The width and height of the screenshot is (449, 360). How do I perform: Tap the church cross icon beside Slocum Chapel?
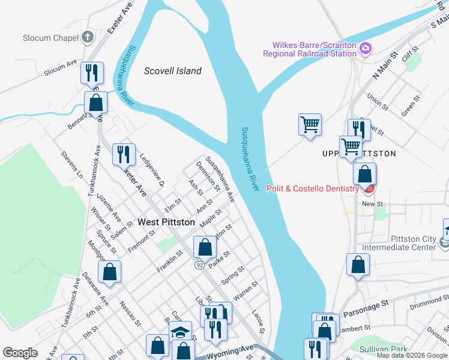tap(87, 37)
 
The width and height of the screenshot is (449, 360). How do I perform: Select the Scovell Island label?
tap(173, 71)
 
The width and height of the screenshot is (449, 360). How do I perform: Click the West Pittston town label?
tap(166, 222)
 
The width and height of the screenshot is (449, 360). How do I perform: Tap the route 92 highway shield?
tap(199, 264)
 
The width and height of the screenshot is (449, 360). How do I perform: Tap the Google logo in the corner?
tap(20, 353)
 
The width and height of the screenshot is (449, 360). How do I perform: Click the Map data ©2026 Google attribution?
tap(412, 355)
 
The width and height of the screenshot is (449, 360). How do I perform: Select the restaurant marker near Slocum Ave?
tap(92, 73)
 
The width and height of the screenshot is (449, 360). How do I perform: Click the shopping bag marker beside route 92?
tap(205, 247)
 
